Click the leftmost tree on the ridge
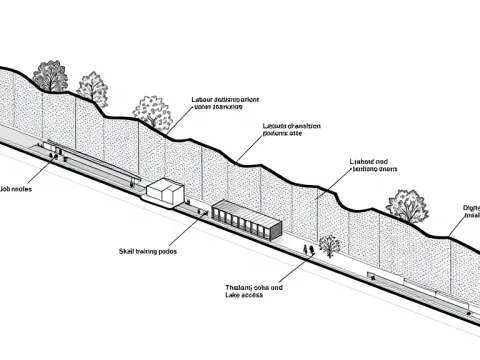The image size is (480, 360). [48, 75]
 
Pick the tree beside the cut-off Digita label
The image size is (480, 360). [404, 205]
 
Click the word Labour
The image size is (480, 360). [203, 100]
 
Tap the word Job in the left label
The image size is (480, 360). [4, 188]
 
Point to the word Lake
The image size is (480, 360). [236, 297]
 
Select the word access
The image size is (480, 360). [263, 297]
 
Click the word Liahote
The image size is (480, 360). [362, 161]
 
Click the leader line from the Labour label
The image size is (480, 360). [180, 118]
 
